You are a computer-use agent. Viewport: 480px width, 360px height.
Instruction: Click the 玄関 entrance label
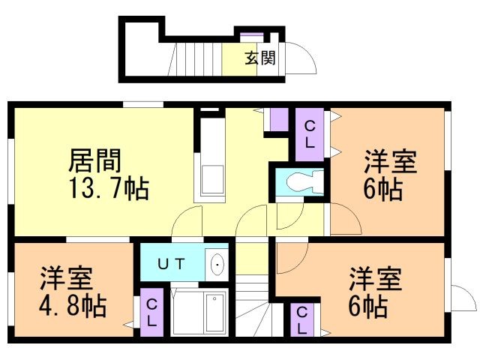[x=260, y=58]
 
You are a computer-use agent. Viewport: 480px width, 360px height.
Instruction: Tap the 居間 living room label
[x=95, y=160]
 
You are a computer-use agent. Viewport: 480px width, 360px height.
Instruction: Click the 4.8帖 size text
[x=73, y=305]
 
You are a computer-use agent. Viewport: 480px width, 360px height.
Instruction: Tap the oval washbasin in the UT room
[x=217, y=263]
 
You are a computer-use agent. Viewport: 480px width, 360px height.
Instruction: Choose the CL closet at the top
[x=308, y=134]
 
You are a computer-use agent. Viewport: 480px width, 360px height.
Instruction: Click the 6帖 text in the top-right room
[x=382, y=189]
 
